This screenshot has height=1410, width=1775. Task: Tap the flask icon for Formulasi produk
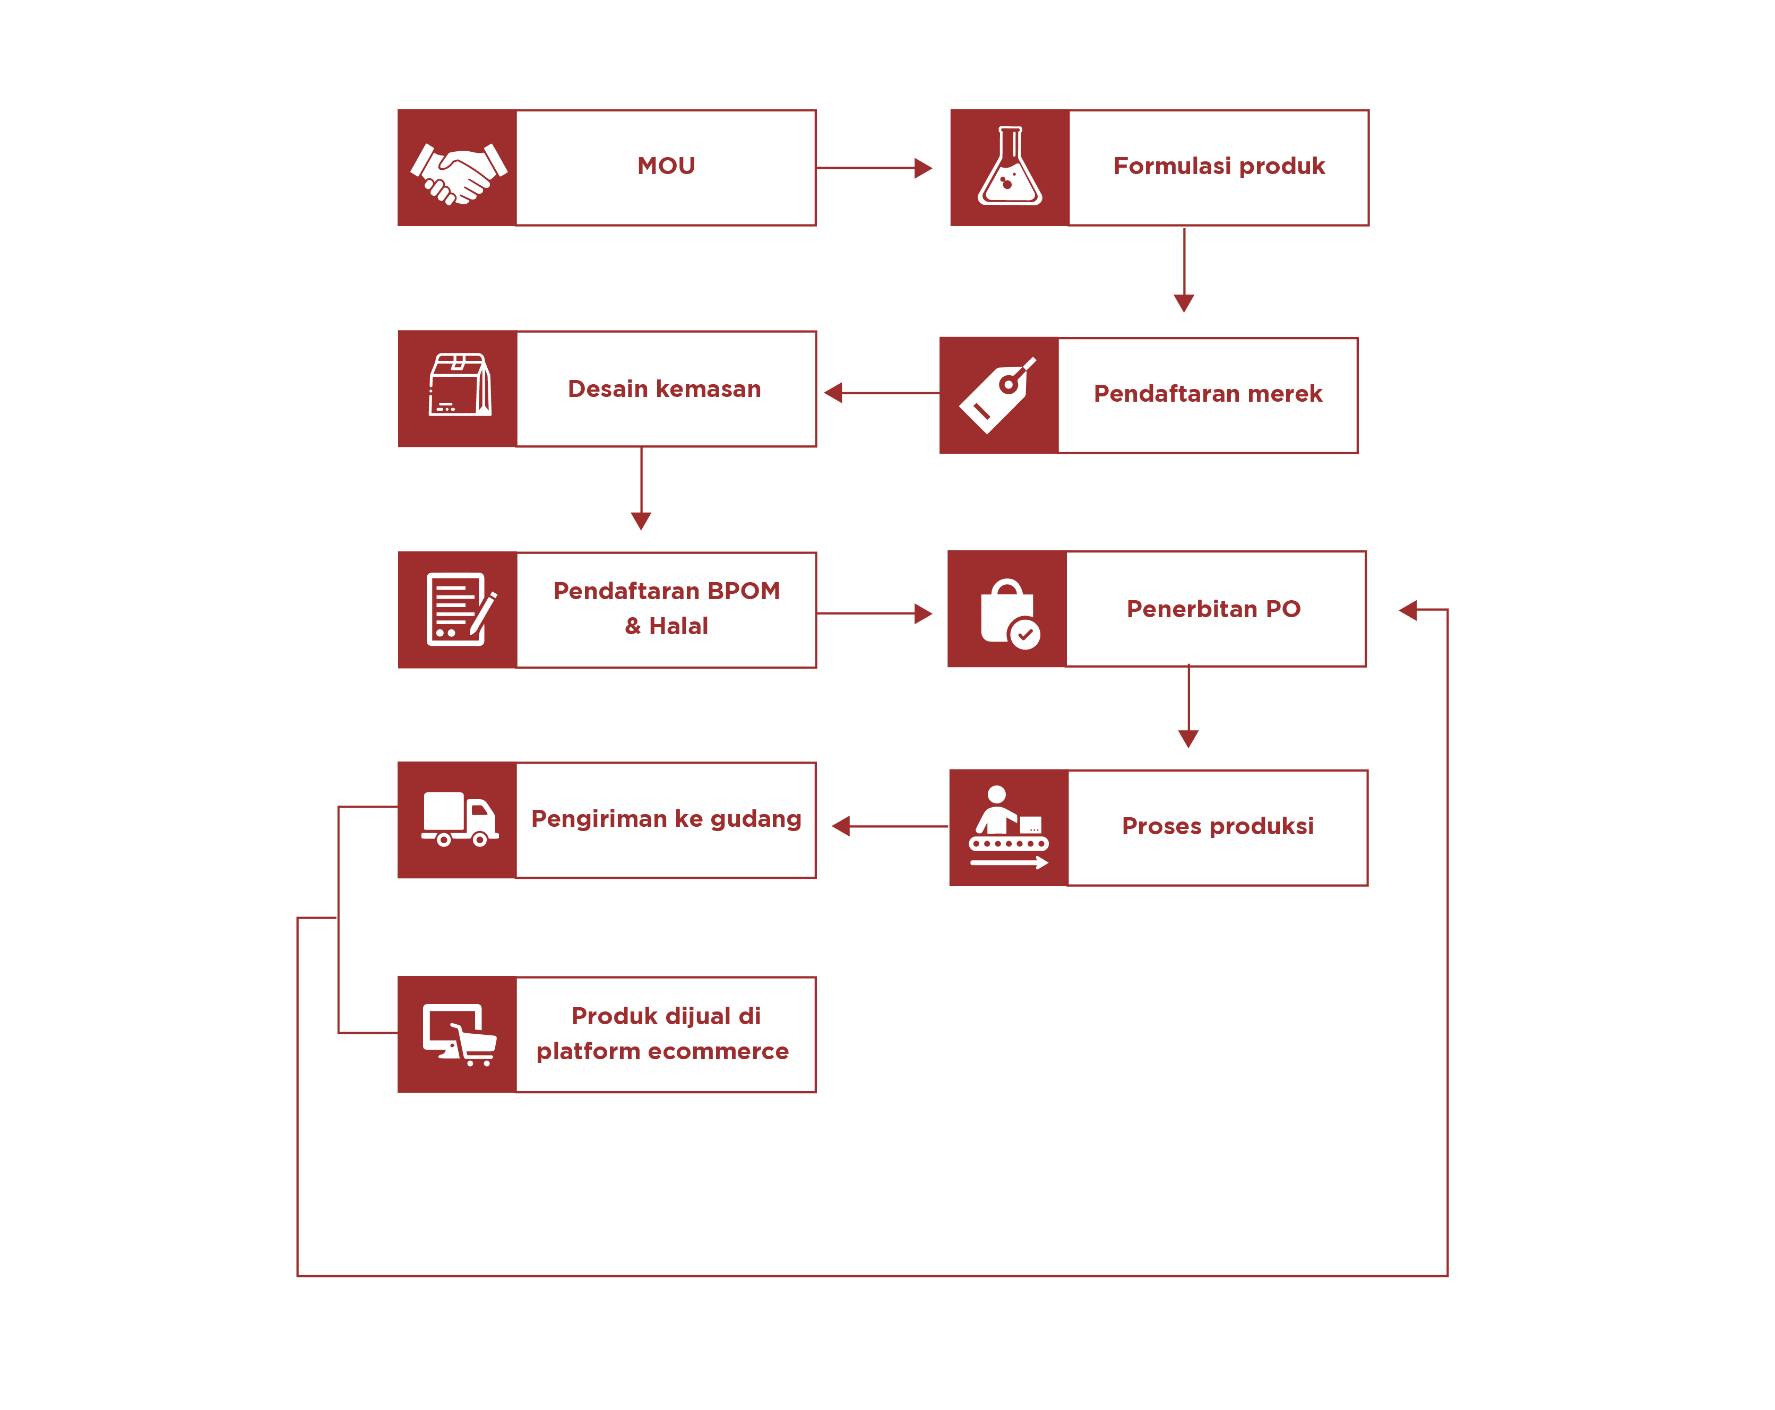[1010, 167]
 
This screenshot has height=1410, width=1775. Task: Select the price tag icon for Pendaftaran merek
[997, 395]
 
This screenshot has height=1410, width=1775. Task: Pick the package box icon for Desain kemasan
[459, 385]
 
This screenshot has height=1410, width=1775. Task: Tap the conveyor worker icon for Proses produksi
[1009, 827]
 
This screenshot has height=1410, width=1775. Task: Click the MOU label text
[666, 166]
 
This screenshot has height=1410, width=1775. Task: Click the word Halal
[678, 626]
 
